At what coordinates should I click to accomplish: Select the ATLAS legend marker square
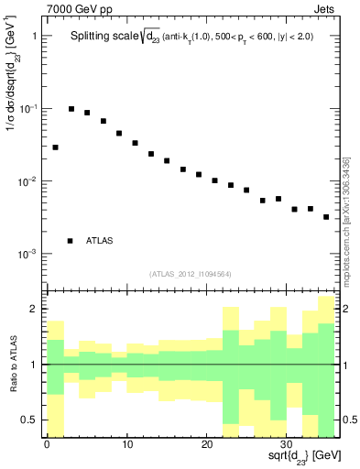pyautogui.click(x=70, y=241)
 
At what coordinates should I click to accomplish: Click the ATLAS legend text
pyautogui.click(x=100, y=241)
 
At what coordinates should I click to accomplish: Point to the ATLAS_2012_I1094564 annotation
pyautogui.click(x=191, y=273)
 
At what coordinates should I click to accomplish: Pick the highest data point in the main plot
pyautogui.click(x=71, y=109)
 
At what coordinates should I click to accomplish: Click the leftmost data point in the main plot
pyautogui.click(x=55, y=147)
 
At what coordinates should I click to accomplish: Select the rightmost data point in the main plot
pyautogui.click(x=326, y=217)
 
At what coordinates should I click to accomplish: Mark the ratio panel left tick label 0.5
pyautogui.click(x=28, y=420)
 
